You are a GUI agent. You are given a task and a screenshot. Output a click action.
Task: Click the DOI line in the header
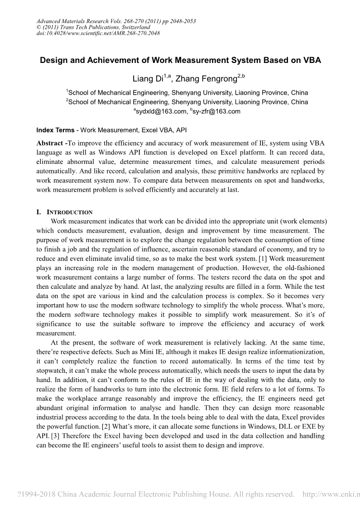click(98, 33)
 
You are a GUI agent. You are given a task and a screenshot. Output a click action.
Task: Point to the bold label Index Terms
click(55, 130)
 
